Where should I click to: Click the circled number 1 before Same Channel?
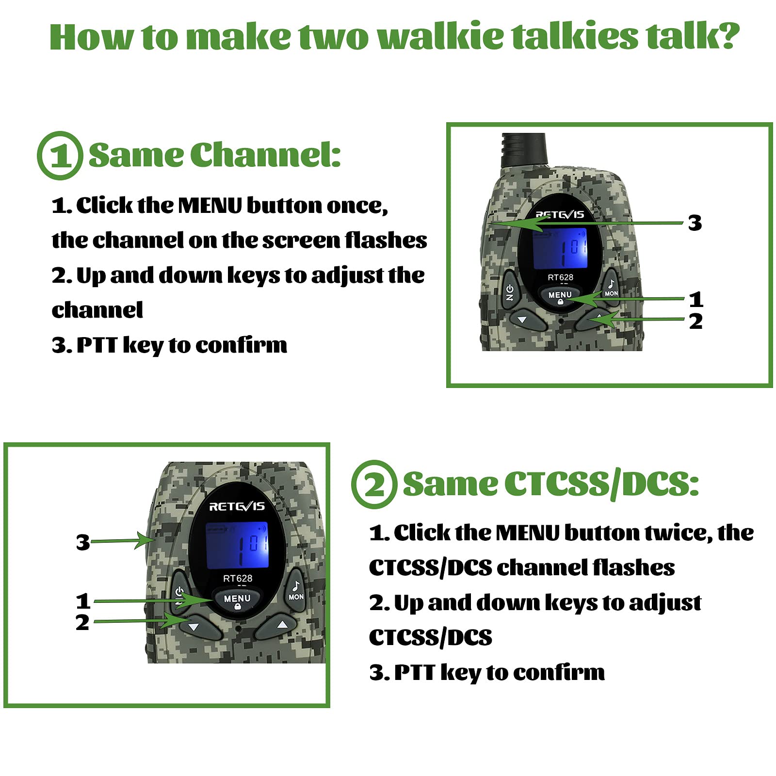point(60,156)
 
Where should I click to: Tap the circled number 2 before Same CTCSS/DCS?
point(374,484)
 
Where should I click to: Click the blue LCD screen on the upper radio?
point(560,248)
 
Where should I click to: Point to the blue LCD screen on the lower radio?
point(237,545)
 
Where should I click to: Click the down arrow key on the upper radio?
point(523,320)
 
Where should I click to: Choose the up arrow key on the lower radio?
point(282,626)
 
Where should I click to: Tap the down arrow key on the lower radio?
point(194,627)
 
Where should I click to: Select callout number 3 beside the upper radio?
point(695,223)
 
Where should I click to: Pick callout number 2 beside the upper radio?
point(695,322)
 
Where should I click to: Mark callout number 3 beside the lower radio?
point(83,542)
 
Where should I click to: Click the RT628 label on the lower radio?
point(238,579)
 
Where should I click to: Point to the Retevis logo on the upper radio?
point(560,214)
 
